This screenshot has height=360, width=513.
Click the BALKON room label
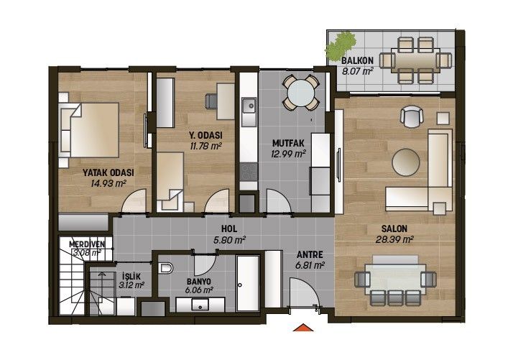click(357, 60)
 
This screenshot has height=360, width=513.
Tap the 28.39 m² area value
click(394, 239)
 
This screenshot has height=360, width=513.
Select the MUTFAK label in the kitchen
click(288, 143)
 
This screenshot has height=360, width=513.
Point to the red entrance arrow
click(303, 327)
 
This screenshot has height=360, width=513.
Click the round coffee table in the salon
click(406, 162)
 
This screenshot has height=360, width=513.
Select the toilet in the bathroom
click(166, 268)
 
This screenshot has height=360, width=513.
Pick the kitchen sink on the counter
click(249, 106)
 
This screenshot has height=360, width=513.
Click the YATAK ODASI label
click(108, 172)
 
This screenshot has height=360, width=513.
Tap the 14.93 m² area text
click(108, 183)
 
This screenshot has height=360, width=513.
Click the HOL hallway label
click(229, 229)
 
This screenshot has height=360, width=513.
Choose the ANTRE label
click(310, 254)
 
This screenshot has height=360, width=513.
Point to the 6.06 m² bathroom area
click(199, 290)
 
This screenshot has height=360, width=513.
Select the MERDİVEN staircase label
click(87, 244)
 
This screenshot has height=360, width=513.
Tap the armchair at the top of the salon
click(412, 116)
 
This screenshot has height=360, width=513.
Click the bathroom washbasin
click(200, 305)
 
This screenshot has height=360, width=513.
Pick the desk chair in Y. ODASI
click(211, 101)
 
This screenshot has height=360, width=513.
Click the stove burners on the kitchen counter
click(249, 172)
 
